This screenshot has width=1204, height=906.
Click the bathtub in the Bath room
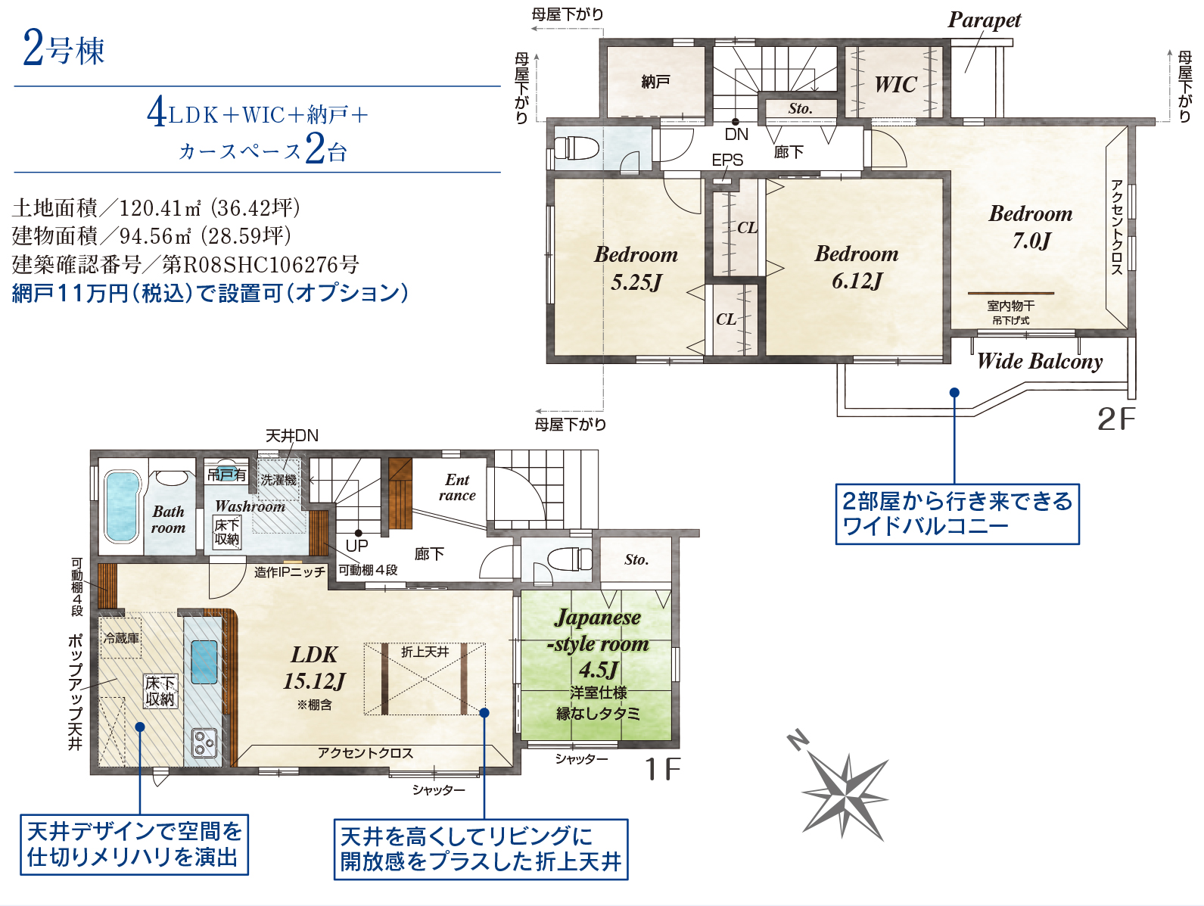point(121,507)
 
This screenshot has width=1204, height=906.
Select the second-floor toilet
point(575,147)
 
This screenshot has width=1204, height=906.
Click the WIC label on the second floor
point(895,85)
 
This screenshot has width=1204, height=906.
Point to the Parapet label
point(984,20)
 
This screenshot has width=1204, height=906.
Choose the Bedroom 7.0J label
point(1031,226)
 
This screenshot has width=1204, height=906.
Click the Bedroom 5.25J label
point(636,268)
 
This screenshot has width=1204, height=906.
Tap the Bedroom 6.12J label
point(857,267)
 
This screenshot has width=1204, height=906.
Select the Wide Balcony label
point(1040,361)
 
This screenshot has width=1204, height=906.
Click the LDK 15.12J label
point(314,668)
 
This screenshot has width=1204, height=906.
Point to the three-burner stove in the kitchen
point(204,743)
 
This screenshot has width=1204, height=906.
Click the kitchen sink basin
point(204,662)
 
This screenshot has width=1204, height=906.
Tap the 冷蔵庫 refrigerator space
point(121,638)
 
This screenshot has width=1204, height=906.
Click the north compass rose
point(842,790)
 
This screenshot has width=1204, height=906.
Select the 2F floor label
point(1116,419)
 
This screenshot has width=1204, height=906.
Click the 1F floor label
point(663,769)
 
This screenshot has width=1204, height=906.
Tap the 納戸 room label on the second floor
point(655,83)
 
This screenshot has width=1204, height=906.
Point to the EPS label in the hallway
point(727,160)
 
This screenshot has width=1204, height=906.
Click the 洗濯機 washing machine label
point(278,480)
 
